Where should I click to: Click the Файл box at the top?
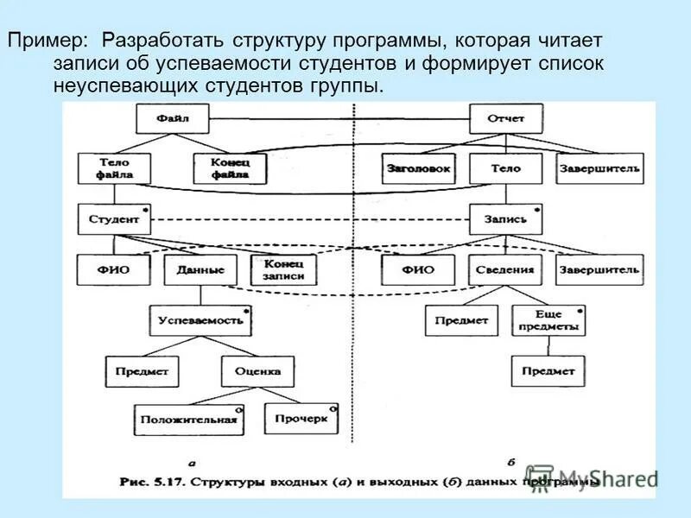point(173,118)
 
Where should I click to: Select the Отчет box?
point(505,118)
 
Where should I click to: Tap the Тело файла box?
point(114,168)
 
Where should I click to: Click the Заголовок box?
point(419,168)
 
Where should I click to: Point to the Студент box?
point(114,219)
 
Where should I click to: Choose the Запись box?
point(505,219)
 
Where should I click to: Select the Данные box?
point(200,269)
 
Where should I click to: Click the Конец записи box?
point(282,269)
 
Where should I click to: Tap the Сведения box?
point(505,269)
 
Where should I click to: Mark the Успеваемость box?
point(200,320)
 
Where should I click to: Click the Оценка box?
point(257,371)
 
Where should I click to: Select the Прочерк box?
point(301,419)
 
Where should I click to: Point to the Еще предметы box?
point(548,321)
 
